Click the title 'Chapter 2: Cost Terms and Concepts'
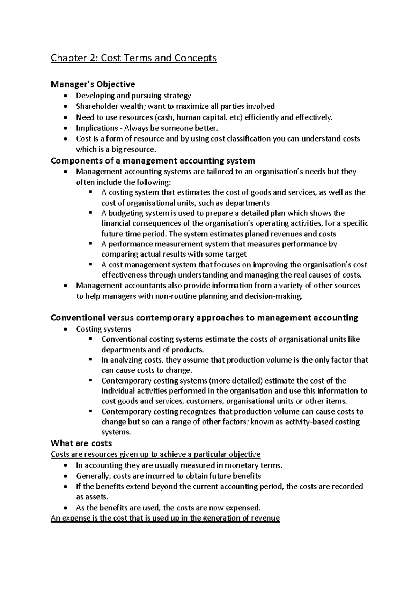[x=134, y=58]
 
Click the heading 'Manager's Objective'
[x=93, y=84]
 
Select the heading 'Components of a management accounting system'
[x=153, y=161]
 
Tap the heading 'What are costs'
[x=81, y=443]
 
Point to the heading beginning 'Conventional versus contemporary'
[x=204, y=318]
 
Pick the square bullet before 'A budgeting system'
[x=91, y=213]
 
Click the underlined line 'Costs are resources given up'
[x=155, y=454]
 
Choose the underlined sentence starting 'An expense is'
[x=165, y=518]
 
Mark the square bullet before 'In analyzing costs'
[x=91, y=359]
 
